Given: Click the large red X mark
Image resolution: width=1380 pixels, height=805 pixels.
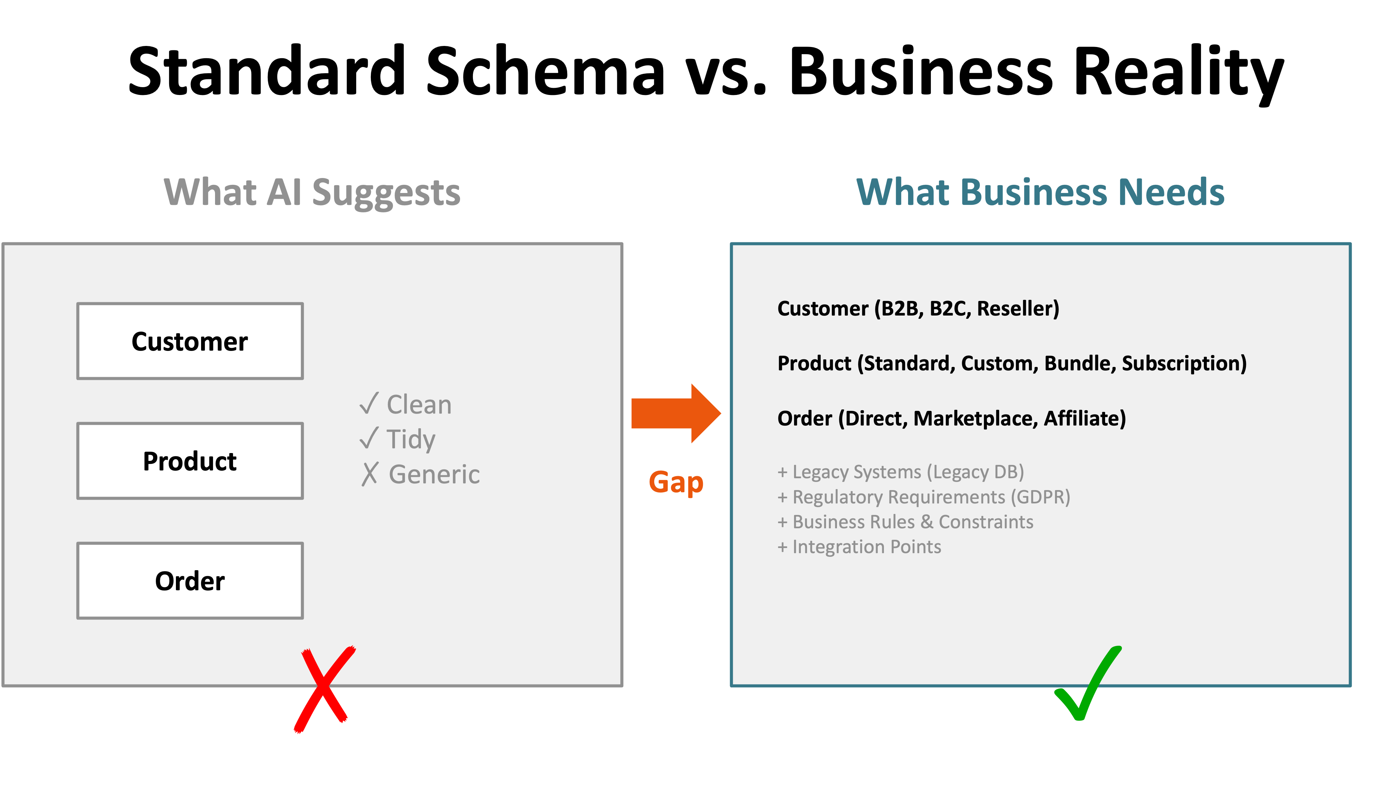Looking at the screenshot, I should pos(323,689).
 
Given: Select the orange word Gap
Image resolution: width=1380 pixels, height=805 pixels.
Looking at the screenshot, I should pos(676,482).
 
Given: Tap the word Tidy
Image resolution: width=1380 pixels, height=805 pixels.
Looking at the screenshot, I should pos(411,439).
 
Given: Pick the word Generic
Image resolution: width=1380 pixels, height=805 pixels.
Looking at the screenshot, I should pos(434,474).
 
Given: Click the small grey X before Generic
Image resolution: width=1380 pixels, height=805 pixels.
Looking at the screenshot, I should pos(369,474).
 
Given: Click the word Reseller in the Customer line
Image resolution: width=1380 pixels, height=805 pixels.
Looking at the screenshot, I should pos(1017,308).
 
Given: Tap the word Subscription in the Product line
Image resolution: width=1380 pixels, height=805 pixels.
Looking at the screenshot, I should pos(1183,363).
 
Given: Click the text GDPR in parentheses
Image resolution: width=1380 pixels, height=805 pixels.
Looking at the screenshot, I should pos(1040,497).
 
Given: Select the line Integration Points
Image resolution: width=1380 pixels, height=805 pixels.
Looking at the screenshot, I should pos(860,547).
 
